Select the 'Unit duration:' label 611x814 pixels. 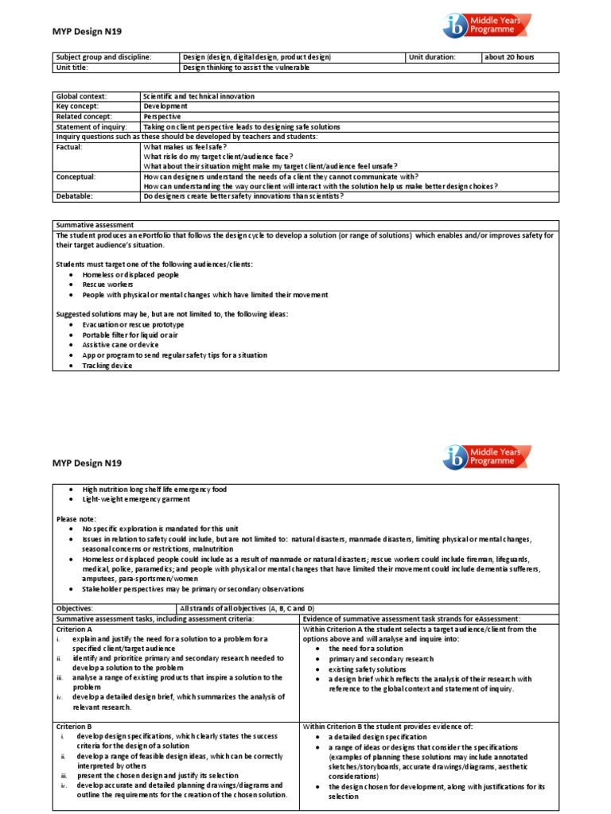432,57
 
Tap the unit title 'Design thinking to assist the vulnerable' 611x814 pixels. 246,68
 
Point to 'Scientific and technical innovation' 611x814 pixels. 199,96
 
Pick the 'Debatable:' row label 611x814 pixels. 74,196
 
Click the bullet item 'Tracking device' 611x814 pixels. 107,366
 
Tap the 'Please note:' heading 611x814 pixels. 76,518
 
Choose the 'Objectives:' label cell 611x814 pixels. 75,608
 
